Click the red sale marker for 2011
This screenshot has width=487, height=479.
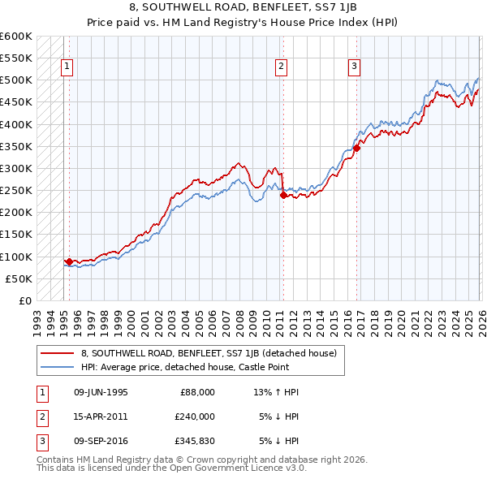tap(282, 195)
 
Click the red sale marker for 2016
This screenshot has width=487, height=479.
tap(356, 149)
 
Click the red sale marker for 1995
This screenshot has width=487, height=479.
tap(69, 261)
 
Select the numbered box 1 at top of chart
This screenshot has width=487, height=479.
tap(66, 67)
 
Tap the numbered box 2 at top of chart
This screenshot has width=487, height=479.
tap(281, 67)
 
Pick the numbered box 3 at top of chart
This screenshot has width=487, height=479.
tap(355, 67)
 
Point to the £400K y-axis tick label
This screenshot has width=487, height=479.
tap(16, 124)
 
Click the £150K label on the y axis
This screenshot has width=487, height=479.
tap(16, 235)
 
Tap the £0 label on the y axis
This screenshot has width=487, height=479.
tap(24, 300)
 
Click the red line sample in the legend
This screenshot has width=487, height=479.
tap(58, 353)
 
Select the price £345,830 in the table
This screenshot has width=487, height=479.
tap(196, 441)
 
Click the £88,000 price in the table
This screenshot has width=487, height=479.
tap(197, 392)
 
